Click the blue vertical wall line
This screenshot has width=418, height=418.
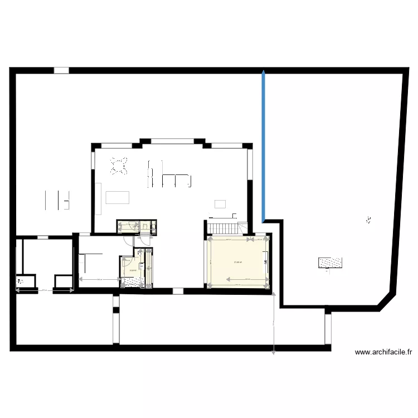pos(263,145)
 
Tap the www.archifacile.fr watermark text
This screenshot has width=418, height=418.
pos(384,352)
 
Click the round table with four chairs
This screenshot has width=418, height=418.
pos(119,166)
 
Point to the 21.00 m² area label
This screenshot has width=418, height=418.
pos(238,263)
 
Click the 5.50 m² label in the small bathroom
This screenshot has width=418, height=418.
pos(133,271)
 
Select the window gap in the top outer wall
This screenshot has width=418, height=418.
pos(61,71)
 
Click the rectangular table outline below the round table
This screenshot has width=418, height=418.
pos(117,197)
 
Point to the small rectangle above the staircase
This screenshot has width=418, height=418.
pos(220,203)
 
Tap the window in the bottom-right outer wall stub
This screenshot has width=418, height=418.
pos(328,329)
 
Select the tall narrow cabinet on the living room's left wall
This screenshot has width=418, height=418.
pos(99,198)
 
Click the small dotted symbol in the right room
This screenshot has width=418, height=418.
pos(368,220)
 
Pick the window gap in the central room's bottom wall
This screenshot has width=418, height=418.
pos(177,290)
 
